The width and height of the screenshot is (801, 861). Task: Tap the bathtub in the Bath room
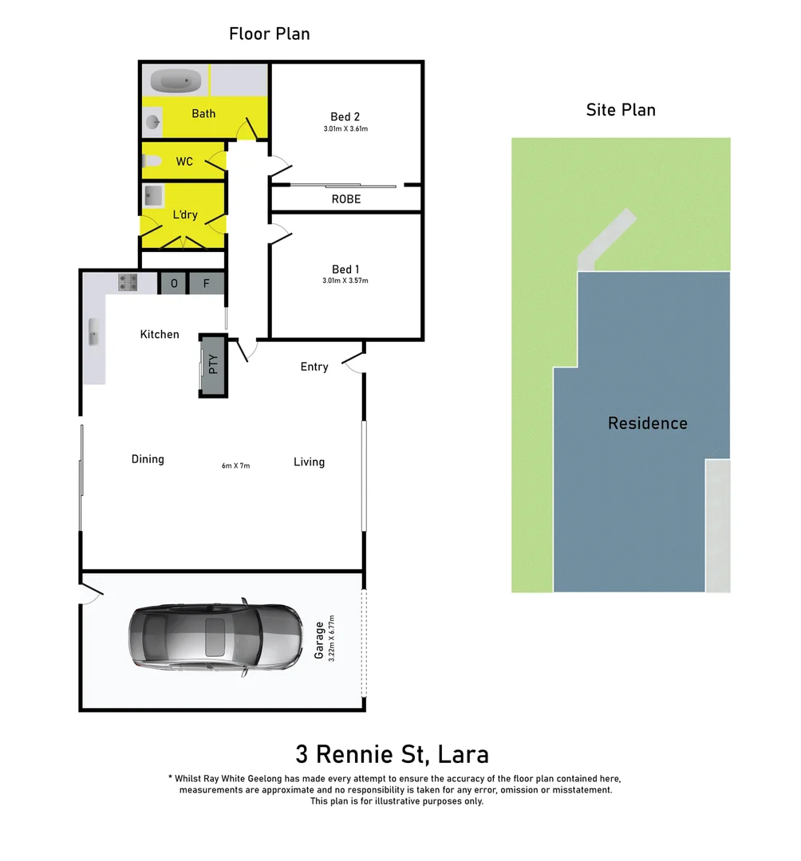click(176, 81)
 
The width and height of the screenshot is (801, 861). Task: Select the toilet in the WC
click(152, 162)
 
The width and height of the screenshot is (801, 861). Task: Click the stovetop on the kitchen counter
click(128, 282)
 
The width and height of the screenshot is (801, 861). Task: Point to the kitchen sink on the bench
click(94, 337)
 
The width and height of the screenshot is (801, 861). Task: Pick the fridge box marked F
click(207, 283)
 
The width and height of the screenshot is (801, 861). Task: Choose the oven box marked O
click(173, 283)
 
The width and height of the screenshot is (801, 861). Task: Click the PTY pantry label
click(213, 364)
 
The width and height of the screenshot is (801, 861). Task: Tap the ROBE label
click(346, 199)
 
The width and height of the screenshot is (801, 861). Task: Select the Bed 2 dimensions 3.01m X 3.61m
click(345, 128)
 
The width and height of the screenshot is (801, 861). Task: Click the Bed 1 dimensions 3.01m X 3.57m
click(345, 281)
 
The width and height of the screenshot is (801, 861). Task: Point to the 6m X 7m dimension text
click(236, 466)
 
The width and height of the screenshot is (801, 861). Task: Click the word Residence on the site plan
click(647, 423)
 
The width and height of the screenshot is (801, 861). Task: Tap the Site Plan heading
click(621, 110)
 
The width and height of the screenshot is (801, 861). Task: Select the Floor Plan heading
click(269, 33)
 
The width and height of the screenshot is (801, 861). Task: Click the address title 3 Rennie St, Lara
click(392, 753)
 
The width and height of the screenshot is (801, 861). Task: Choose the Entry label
click(314, 367)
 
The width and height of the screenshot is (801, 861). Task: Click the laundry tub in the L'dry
click(154, 196)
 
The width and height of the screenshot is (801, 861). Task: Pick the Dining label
click(148, 459)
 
